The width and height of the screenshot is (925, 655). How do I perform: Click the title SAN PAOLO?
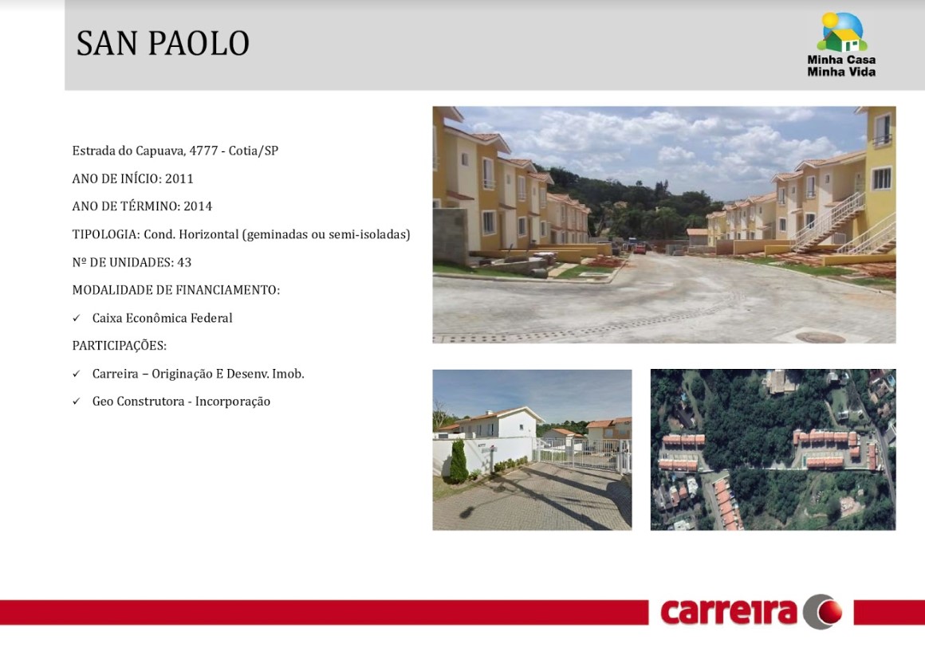[x=163, y=43]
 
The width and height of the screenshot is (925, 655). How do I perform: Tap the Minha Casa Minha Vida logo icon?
[x=842, y=33]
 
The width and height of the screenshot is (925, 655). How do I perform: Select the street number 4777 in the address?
[x=203, y=151]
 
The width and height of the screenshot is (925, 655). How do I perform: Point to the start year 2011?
[x=179, y=178]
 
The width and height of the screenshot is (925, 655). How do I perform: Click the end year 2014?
[x=198, y=206]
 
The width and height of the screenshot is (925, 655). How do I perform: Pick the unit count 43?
[x=185, y=262]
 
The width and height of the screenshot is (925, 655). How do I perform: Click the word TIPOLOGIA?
[x=106, y=234]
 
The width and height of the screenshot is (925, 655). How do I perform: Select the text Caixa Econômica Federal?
[x=162, y=319]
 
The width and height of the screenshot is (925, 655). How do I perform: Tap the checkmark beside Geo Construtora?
[x=76, y=402]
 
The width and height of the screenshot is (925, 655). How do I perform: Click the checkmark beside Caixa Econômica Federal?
[x=76, y=319]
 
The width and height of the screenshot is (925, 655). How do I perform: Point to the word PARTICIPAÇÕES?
[x=119, y=346]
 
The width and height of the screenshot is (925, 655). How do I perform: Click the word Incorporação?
[x=232, y=402]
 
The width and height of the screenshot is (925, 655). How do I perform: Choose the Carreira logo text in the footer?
[x=729, y=613]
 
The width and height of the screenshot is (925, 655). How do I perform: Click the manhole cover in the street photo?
[x=820, y=337]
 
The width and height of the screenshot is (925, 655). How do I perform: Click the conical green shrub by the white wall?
[x=459, y=461]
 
